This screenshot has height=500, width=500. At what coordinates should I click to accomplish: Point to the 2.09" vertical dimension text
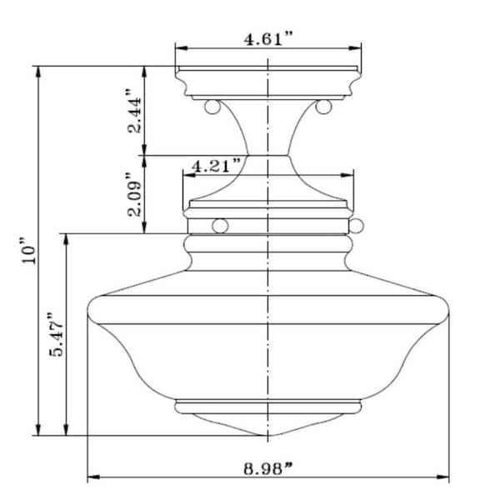pos(131,194)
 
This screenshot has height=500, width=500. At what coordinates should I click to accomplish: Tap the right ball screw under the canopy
pos(323,107)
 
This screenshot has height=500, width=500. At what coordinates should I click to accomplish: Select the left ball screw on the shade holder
pos(221,225)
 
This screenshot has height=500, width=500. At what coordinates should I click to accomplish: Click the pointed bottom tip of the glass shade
pos(267,435)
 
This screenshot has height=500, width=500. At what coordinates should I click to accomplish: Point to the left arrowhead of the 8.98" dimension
pos(92,477)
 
